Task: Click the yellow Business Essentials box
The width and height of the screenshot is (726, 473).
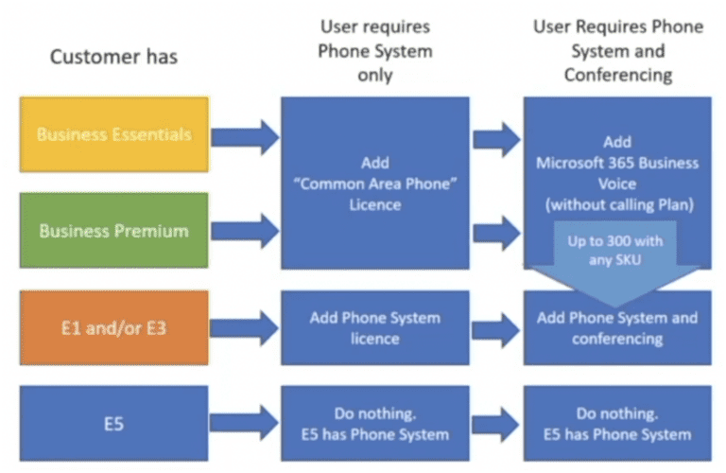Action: [112, 134]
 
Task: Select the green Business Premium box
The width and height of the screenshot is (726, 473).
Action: [112, 230]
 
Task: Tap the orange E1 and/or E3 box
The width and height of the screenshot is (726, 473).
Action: [112, 328]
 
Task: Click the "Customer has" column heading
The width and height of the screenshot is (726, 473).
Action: [113, 58]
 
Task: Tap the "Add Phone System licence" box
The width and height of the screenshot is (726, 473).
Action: [375, 327]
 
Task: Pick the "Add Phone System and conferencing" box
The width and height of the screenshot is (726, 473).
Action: [617, 328]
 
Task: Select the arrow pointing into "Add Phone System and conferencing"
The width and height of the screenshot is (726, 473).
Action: [495, 328]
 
